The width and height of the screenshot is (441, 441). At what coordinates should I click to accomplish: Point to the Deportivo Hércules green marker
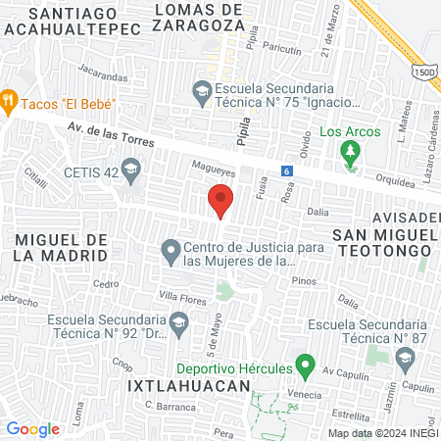pos(304,367)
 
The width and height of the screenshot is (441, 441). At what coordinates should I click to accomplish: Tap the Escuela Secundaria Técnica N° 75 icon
pos(202,92)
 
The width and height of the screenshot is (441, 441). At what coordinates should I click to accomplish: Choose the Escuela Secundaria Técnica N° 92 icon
pos(178,321)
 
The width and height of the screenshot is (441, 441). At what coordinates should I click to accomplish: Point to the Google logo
pos(32,428)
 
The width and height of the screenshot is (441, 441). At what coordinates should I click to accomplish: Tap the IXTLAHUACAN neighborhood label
pos(189,387)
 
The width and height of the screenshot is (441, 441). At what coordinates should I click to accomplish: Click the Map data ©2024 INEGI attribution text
pos(381,433)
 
